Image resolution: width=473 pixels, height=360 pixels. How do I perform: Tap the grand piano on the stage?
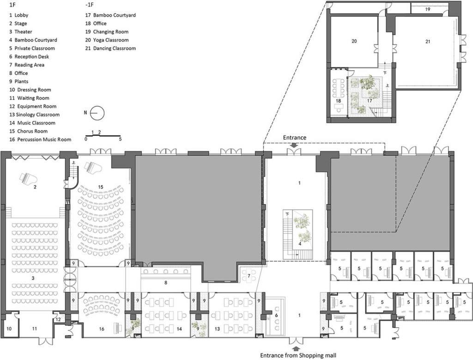(x=26, y=177)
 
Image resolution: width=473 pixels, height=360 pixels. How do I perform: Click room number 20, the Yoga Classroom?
(x=354, y=41)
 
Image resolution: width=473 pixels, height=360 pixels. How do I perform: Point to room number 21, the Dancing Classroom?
(x=427, y=42)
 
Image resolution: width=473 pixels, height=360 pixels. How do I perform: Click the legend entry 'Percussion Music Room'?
(x=44, y=140)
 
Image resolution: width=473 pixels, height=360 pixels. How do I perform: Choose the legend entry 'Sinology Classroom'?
(x=38, y=115)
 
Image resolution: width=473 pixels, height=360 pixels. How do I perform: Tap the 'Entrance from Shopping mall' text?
(x=298, y=355)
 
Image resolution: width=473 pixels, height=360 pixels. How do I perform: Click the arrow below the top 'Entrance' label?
(x=294, y=145)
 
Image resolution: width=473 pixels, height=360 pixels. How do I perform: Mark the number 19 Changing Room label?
(x=427, y=9)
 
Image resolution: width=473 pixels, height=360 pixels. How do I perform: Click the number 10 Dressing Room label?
(x=9, y=328)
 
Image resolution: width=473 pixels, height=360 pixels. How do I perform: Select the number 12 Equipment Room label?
(x=58, y=319)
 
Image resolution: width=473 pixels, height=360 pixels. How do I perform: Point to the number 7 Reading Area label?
(x=249, y=276)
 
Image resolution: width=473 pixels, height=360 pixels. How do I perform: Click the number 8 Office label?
(x=166, y=283)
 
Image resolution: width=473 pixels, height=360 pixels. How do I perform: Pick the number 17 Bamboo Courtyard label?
(x=370, y=100)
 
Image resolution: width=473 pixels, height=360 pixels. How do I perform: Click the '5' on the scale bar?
(x=120, y=139)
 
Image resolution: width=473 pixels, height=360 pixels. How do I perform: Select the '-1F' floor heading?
(x=89, y=5)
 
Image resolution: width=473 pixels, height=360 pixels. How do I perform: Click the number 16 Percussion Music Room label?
(x=101, y=329)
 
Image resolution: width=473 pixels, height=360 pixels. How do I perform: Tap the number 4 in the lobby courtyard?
(x=299, y=244)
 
